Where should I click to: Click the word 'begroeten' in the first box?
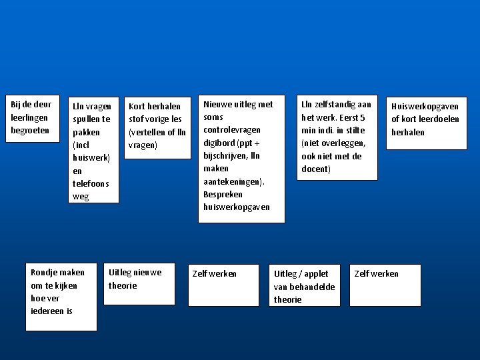30,130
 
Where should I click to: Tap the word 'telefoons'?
91,183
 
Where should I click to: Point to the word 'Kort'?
137,106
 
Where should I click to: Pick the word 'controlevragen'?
232,129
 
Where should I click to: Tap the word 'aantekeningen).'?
234,181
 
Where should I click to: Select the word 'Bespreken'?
223,194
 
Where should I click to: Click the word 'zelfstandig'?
336,104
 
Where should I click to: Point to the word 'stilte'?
354,130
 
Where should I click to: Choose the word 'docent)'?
315,169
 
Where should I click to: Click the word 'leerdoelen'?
438,119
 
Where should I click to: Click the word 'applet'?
315,273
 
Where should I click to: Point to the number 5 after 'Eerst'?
362,117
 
